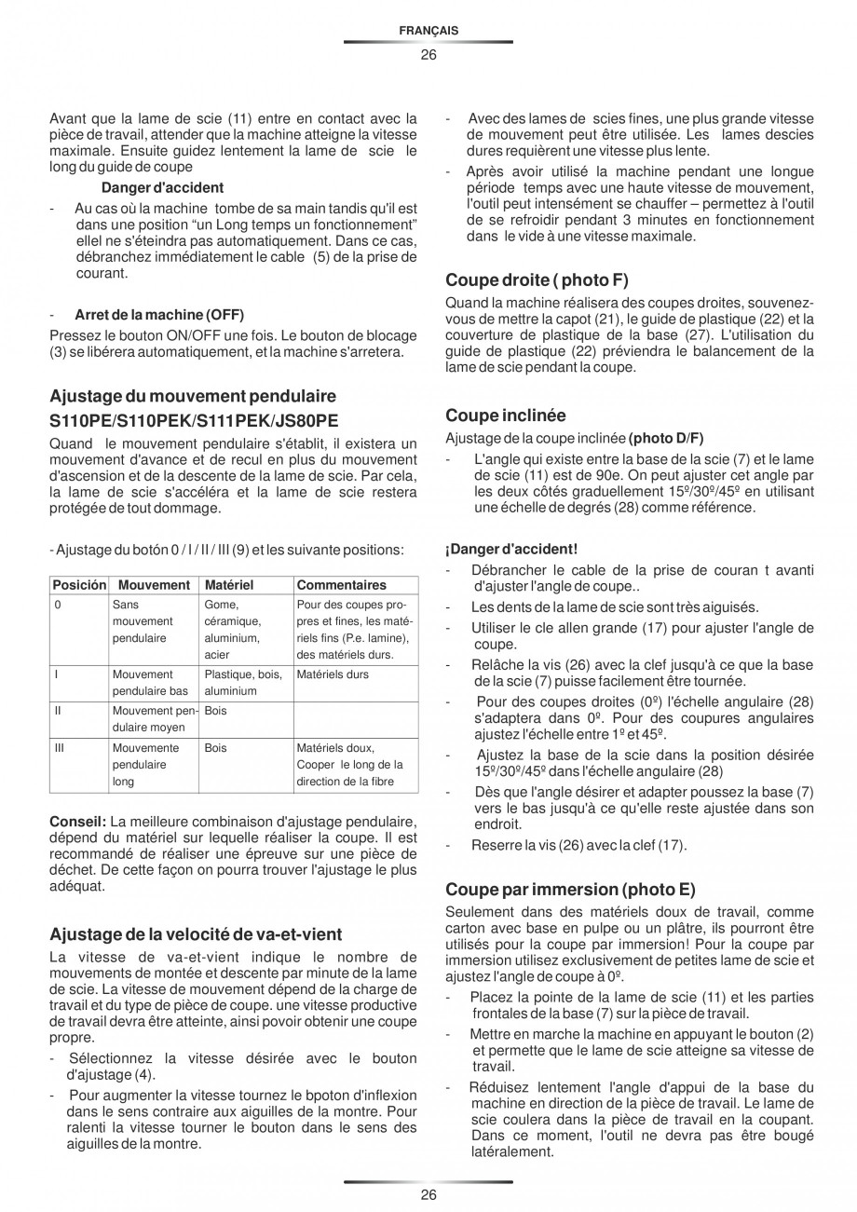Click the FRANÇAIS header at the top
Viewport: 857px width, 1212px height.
pos(428,31)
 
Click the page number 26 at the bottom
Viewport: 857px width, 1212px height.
pos(428,1195)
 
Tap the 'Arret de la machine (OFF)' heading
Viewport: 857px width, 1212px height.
pos(159,313)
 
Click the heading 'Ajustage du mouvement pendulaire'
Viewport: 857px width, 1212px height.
pos(193,397)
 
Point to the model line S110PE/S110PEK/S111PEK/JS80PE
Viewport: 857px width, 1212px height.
pos(194,421)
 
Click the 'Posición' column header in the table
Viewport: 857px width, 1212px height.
pos(79,585)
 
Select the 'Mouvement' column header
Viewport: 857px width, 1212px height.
pos(154,585)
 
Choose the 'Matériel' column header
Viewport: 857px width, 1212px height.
pos(228,585)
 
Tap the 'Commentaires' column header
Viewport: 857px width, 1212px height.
pos(340,585)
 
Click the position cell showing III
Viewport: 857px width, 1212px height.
pos(60,748)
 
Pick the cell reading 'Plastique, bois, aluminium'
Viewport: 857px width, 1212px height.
pos(243,683)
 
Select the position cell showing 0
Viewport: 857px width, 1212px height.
pos(58,605)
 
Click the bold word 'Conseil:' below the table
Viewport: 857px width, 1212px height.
pos(77,821)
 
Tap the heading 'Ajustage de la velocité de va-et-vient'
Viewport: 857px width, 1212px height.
pos(196,933)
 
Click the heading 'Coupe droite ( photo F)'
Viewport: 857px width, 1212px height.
pos(530,279)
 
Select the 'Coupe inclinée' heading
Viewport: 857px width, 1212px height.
pos(506,415)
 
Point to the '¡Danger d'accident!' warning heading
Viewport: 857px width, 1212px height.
pos(511,550)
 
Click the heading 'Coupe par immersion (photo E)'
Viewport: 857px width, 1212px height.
pos(570,889)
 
